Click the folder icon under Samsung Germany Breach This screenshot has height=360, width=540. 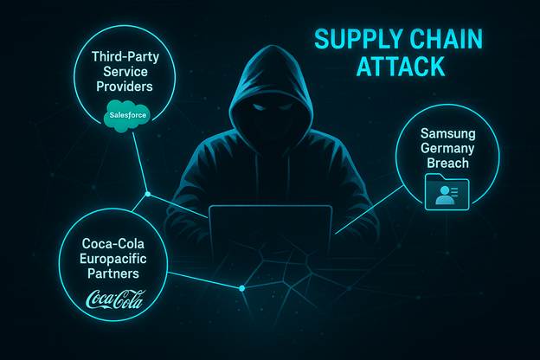tap(447, 193)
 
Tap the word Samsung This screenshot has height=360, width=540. tap(448, 134)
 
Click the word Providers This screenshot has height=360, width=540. tap(130, 87)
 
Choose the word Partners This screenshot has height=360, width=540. tap(113, 273)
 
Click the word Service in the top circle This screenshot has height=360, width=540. tap(130, 71)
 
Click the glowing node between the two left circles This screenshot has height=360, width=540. tap(148, 193)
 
